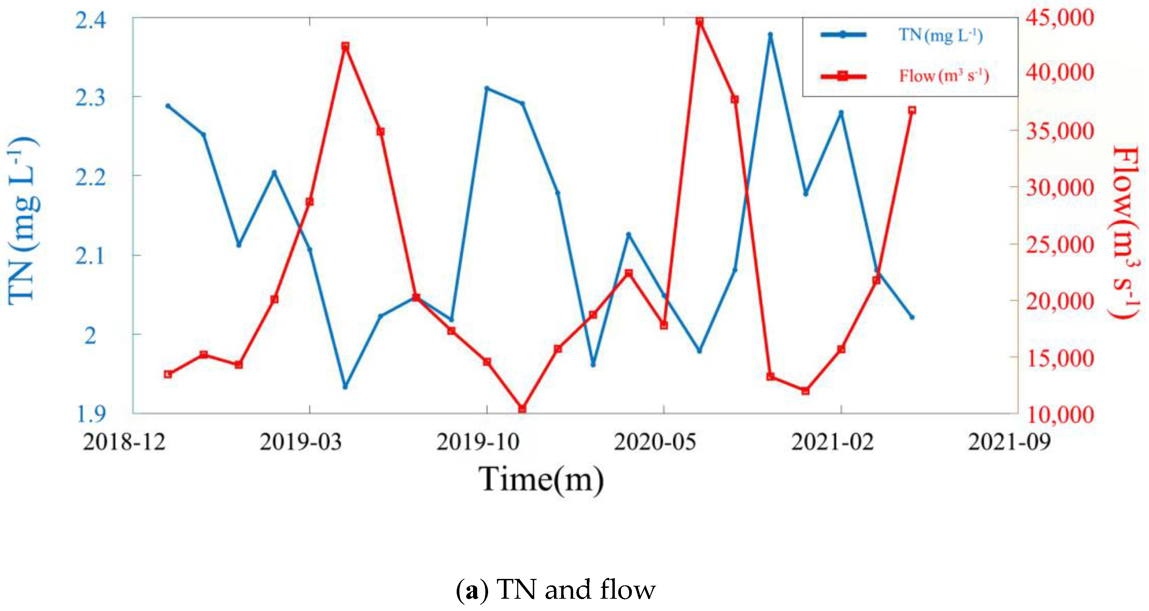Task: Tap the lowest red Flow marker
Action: click(x=522, y=408)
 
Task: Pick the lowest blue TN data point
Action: click(x=345, y=386)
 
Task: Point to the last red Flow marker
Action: click(x=912, y=110)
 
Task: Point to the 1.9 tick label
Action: click(x=91, y=414)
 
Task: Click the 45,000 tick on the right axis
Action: click(x=1060, y=18)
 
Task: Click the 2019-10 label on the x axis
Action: click(x=478, y=442)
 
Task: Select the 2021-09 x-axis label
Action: click(x=1009, y=442)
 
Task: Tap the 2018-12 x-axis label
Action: click(x=124, y=442)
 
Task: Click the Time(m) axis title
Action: click(x=541, y=480)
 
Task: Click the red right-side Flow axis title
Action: click(x=1125, y=232)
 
